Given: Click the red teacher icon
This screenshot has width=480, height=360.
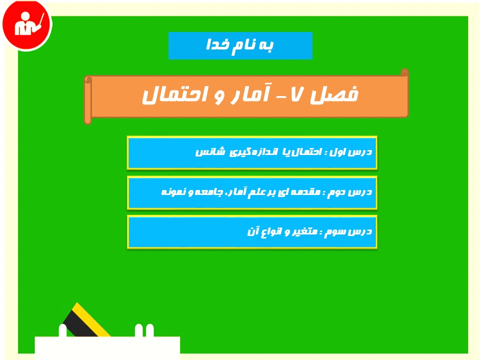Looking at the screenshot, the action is click(x=27, y=24).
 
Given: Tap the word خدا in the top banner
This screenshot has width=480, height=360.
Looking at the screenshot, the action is click(x=217, y=45).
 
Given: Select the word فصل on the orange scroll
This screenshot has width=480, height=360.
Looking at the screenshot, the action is click(x=334, y=95).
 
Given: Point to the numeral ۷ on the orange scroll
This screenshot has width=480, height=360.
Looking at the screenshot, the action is click(x=296, y=94).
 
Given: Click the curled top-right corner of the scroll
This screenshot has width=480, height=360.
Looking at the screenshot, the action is click(x=404, y=72).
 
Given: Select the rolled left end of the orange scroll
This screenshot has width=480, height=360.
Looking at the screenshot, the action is click(x=88, y=100).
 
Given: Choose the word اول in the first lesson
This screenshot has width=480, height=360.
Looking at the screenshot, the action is click(x=338, y=152).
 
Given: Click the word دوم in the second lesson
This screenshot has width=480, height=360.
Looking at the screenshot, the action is click(x=336, y=192).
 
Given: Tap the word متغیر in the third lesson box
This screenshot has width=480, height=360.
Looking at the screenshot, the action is click(x=303, y=231).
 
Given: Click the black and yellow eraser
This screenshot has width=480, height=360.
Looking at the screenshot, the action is click(x=85, y=320).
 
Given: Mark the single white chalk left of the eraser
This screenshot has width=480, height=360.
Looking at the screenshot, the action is click(x=62, y=330).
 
